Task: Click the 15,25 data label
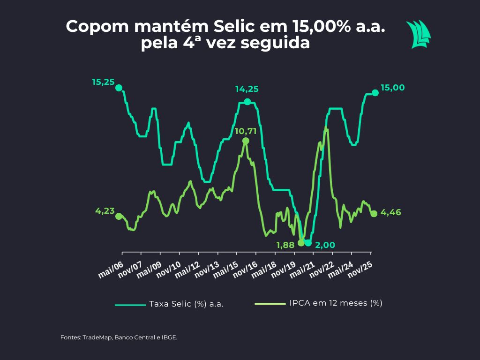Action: click(104, 82)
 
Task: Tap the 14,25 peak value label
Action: click(247, 89)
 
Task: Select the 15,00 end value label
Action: click(393, 88)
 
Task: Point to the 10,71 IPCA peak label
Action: click(245, 131)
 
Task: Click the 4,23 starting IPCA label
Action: click(105, 211)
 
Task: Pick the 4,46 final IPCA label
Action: click(390, 212)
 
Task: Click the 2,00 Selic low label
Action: click(324, 244)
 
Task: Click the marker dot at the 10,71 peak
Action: click(246, 141)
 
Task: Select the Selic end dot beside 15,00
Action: click(375, 93)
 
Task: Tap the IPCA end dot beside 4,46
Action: click(374, 214)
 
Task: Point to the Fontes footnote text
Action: click(119, 337)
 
